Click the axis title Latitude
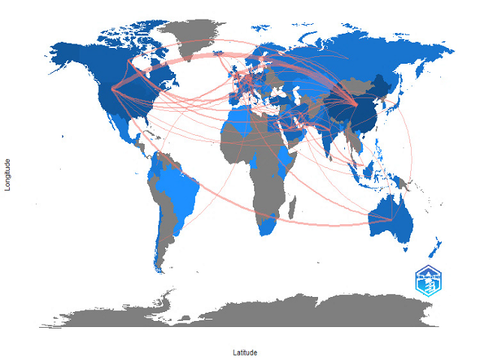245,352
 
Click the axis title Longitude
7,173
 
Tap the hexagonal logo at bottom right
429,281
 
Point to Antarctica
247,309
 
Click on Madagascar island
295,209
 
